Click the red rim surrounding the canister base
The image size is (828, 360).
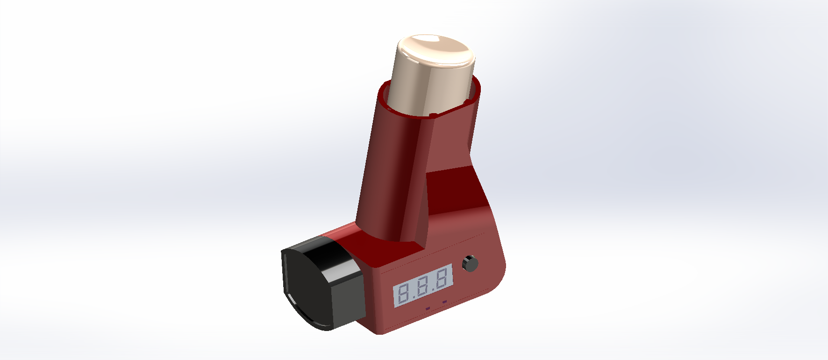(x=432, y=110)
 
